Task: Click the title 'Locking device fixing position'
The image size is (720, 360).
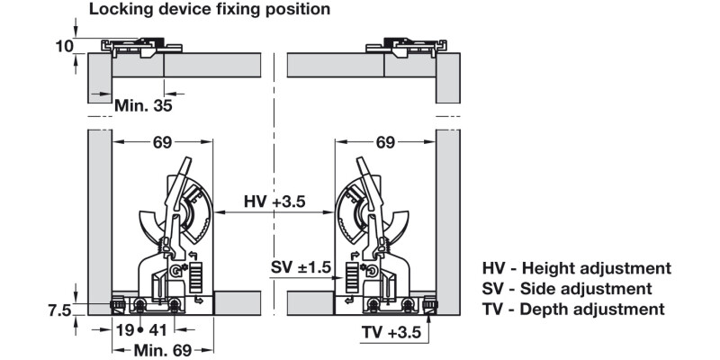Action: coord(209,10)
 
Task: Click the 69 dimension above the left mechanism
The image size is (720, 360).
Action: coord(163,142)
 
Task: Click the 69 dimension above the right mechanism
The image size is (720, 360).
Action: coord(385,142)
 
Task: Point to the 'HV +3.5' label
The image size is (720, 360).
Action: coord(275,203)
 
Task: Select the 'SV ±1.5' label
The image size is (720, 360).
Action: coord(301,268)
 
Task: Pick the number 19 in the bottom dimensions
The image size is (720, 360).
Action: coord(124,329)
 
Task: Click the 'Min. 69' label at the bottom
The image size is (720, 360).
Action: coord(163,349)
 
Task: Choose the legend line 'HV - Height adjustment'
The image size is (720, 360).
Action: coord(577,268)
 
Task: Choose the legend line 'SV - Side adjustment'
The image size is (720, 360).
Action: coord(567,289)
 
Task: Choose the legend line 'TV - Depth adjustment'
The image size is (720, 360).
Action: coord(573,310)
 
